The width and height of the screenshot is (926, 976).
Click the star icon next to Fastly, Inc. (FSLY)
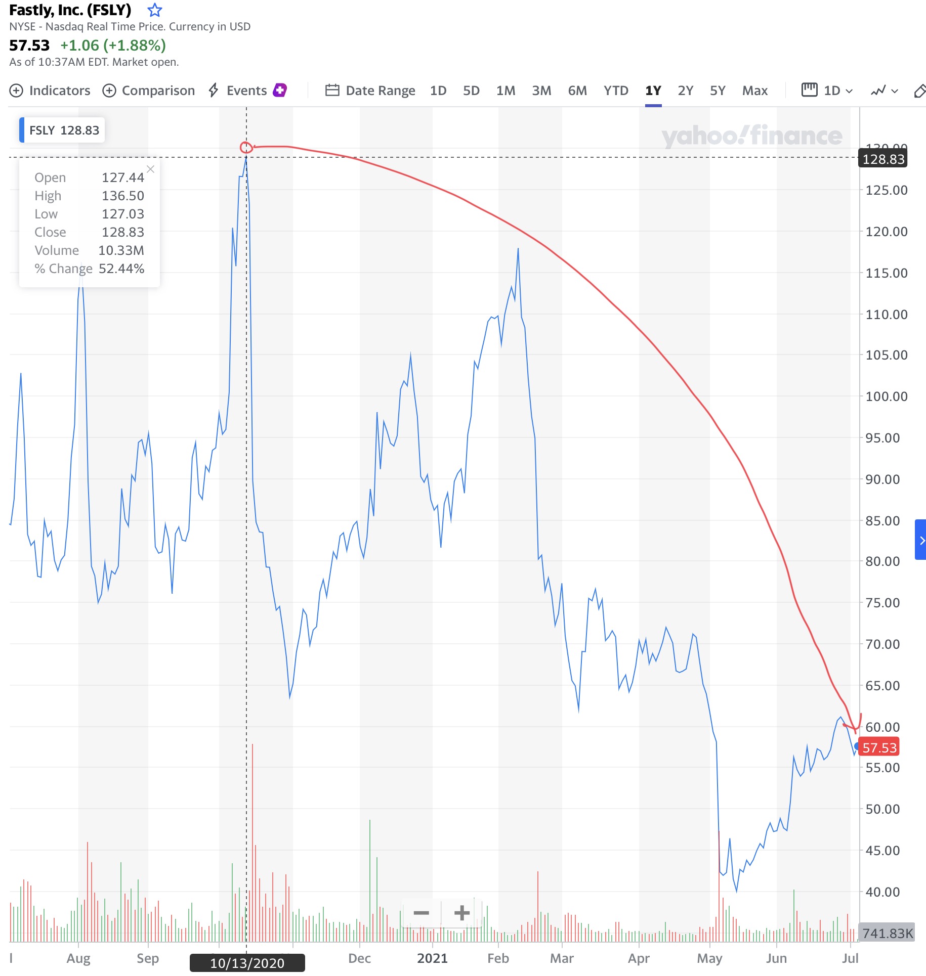(154, 10)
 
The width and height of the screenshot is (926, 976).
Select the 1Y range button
(653, 91)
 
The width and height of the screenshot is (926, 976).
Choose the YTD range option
(615, 91)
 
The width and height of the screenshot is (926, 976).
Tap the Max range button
(754, 91)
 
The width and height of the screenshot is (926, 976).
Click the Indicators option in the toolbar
(50, 91)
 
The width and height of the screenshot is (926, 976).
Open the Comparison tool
(149, 91)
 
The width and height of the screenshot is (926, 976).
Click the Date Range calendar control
(370, 91)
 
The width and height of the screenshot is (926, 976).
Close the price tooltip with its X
(150, 169)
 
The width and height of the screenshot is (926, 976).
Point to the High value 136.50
(123, 196)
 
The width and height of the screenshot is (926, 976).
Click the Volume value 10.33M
(121, 250)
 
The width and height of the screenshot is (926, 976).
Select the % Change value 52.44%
(121, 269)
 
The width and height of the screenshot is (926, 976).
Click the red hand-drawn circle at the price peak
(246, 147)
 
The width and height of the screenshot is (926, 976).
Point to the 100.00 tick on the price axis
(886, 396)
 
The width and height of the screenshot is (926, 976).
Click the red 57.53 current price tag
(879, 747)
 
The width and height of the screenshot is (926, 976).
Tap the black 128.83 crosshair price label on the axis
(883, 159)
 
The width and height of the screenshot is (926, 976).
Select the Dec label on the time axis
(359, 958)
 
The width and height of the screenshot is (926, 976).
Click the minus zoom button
(421, 913)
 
